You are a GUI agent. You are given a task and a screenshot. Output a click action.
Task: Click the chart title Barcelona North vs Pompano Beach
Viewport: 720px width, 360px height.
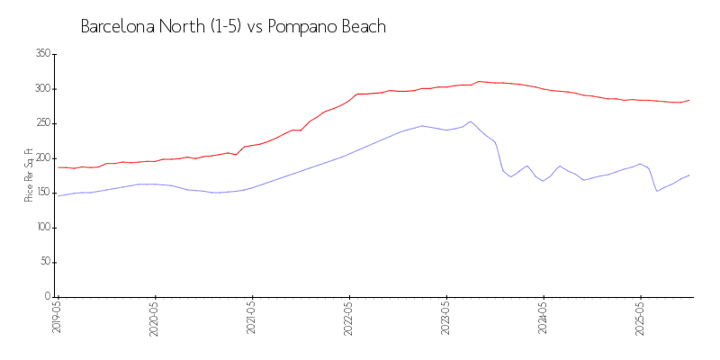click(233, 27)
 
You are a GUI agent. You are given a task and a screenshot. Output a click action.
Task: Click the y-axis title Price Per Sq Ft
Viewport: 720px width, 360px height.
click(29, 175)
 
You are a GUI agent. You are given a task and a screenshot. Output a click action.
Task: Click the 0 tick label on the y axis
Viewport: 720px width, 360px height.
click(48, 297)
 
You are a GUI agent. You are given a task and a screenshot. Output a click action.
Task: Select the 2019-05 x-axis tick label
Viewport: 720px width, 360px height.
click(58, 318)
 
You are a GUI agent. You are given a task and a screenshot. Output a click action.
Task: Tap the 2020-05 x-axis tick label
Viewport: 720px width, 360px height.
click(155, 318)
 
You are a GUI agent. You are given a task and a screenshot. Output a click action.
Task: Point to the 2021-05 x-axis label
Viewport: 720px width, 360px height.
click(252, 318)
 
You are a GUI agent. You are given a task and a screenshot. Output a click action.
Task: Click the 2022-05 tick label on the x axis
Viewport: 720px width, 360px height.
click(349, 318)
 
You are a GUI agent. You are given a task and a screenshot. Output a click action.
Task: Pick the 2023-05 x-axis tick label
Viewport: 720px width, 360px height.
click(446, 318)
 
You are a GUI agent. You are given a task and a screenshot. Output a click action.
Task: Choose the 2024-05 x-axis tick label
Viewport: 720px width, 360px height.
click(544, 318)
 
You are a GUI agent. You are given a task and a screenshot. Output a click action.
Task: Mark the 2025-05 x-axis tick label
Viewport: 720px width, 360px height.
click(641, 318)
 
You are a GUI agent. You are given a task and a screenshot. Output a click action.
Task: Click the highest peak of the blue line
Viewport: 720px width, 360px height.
click(471, 121)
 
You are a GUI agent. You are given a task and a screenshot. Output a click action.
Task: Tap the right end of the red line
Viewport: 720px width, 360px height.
click(689, 100)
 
